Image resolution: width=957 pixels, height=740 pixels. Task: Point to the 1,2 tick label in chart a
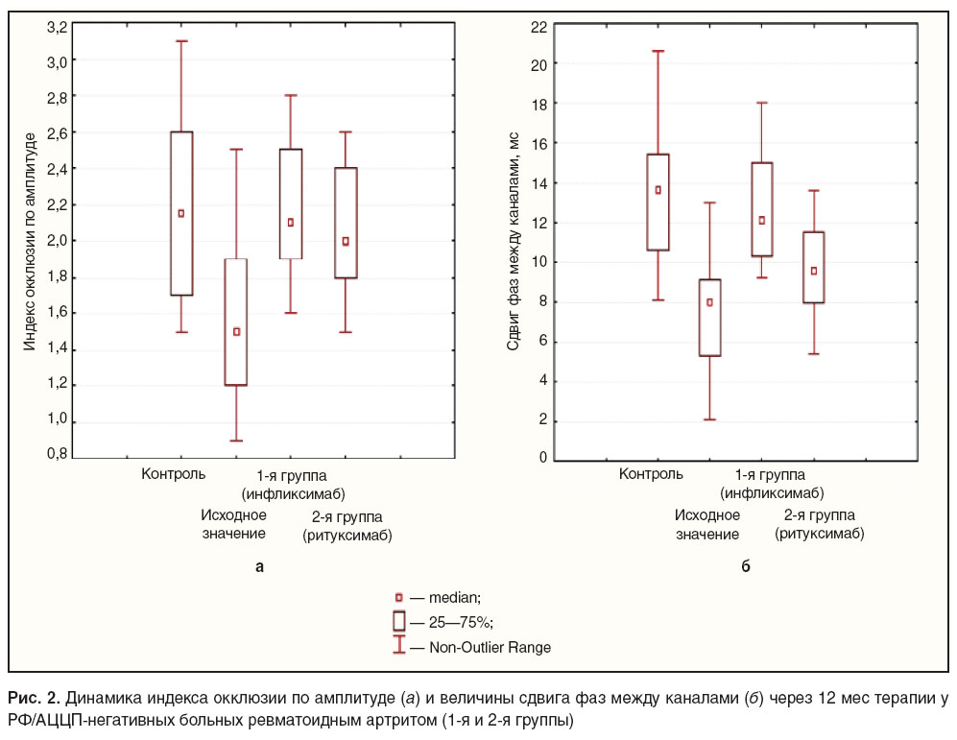[58, 384]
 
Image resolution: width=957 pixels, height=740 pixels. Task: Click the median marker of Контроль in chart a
[181, 213]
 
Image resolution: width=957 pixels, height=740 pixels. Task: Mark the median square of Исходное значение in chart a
[237, 332]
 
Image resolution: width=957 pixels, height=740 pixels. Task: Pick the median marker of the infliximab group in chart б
[762, 220]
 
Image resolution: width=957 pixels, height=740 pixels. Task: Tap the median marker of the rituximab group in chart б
[814, 271]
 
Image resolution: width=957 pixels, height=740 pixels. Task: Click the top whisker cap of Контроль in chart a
[181, 41]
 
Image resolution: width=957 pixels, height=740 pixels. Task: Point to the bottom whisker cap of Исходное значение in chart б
[709, 419]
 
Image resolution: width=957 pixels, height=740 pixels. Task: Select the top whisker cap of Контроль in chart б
[658, 51]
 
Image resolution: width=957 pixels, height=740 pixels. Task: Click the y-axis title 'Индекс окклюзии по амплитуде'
[30, 242]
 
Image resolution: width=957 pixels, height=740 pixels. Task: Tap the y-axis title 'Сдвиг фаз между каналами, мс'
[513, 241]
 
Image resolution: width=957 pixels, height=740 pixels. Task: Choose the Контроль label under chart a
[174, 474]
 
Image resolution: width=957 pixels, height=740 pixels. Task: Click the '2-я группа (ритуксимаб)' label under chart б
[820, 525]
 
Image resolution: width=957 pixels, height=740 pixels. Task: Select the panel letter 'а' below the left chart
[259, 566]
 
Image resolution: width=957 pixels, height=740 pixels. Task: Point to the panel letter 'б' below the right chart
[745, 565]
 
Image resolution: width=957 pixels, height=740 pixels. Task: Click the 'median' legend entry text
[455, 598]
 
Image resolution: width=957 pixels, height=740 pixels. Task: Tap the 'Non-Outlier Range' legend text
[490, 647]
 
